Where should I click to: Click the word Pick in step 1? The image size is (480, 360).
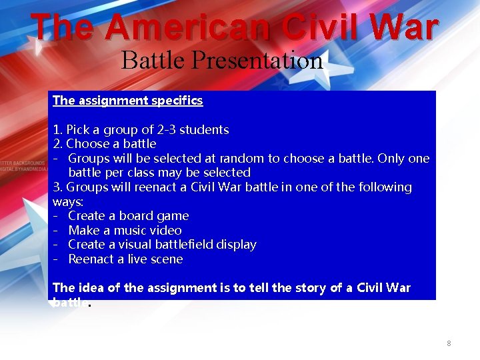point(78,129)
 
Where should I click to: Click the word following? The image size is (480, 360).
point(383,187)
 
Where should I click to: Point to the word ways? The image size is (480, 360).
point(68,201)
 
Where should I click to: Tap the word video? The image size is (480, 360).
point(165,231)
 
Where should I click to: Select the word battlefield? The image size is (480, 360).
point(187,245)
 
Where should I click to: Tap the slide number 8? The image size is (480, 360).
point(449,343)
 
